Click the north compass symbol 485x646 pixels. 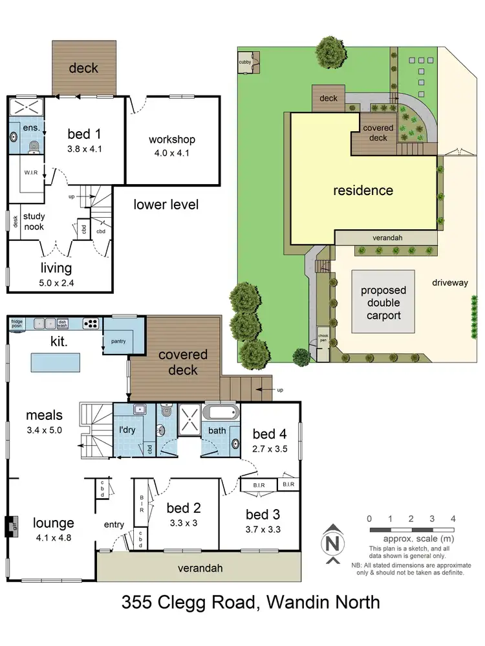pos(332,544)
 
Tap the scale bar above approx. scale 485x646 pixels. pos(411,530)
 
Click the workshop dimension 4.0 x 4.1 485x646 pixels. pos(171,154)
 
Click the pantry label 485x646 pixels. pos(117,341)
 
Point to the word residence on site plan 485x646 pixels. pos(363,191)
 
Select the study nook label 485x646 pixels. pos(34,222)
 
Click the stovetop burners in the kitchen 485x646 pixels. pos(91,323)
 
